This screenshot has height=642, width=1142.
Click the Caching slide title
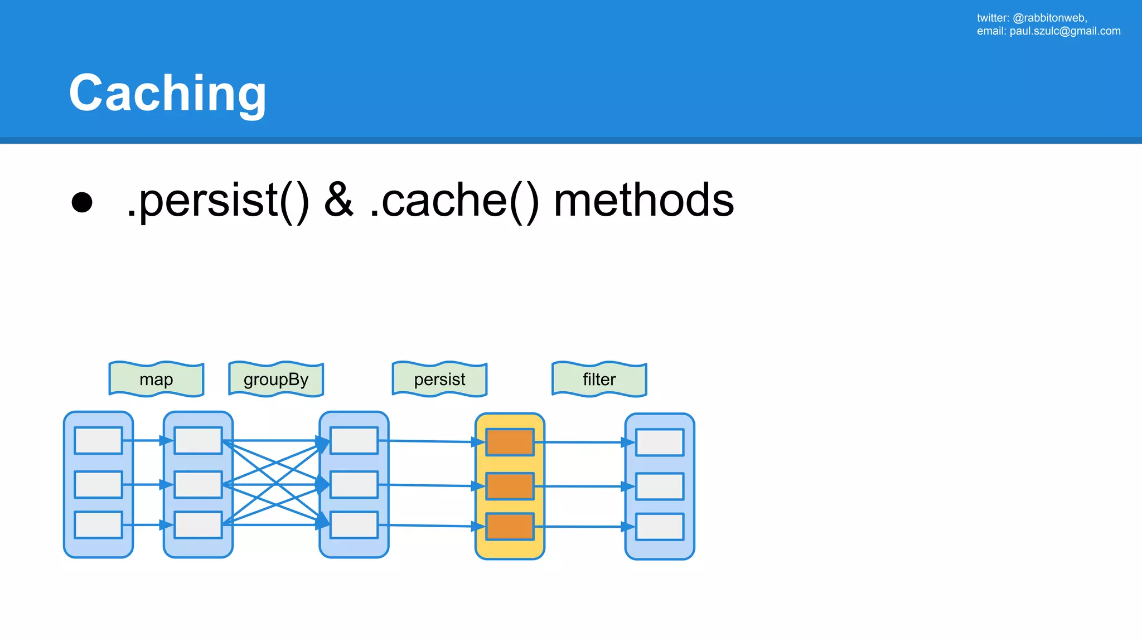167,93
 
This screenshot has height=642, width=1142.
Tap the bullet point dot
82,202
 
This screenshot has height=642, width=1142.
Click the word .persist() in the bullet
218,201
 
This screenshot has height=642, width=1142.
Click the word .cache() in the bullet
454,201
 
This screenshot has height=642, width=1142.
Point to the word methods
643,201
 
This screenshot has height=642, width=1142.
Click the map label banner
156,380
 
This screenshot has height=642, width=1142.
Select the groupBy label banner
276,380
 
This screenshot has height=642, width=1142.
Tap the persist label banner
439,380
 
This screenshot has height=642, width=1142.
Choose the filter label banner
599,380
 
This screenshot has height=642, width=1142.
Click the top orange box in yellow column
510,442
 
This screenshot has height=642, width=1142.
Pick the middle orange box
510,486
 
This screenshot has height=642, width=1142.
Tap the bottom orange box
510,527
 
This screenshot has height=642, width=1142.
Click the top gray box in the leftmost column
98,441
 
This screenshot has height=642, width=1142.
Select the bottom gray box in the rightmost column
660,527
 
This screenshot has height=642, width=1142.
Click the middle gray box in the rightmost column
660,487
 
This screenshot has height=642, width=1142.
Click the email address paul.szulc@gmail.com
1064,31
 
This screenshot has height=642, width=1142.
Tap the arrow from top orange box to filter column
583,442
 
